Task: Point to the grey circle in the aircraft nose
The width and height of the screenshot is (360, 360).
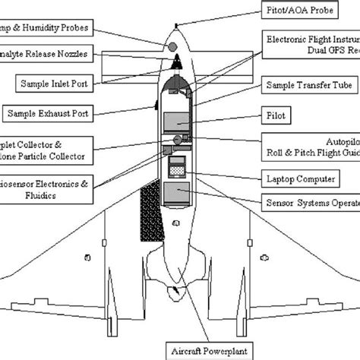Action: [172, 48]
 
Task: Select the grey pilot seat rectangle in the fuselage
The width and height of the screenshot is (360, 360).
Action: [177, 122]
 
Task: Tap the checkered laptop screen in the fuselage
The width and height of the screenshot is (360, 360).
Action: [178, 172]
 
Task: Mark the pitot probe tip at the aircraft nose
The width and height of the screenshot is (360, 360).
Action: [175, 26]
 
